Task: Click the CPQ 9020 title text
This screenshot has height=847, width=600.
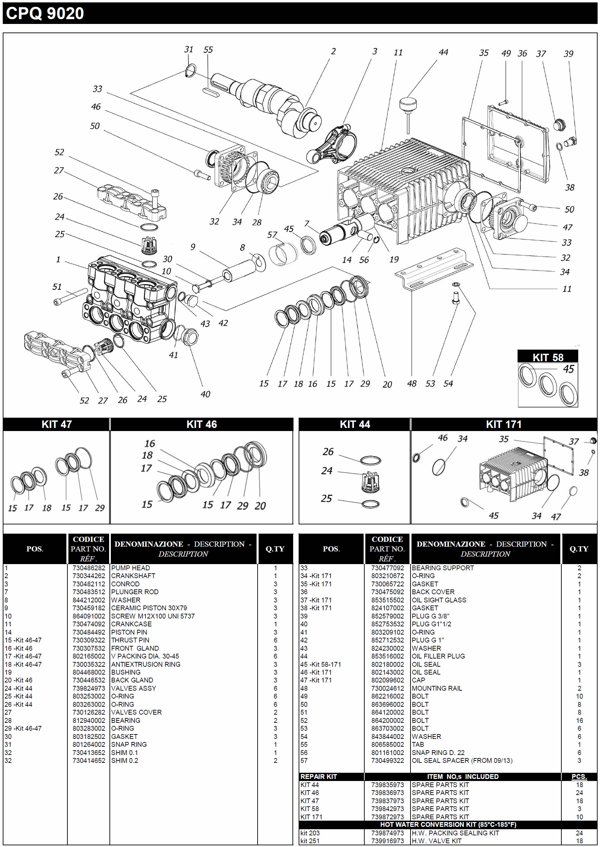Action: tap(45, 13)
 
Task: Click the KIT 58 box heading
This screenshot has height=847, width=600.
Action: tap(548, 357)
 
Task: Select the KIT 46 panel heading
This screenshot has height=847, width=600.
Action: tap(201, 424)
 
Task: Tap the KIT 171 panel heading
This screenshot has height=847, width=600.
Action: tap(503, 424)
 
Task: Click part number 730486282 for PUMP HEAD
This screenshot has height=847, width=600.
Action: tap(89, 568)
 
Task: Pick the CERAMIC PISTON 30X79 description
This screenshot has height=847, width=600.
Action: tap(149, 608)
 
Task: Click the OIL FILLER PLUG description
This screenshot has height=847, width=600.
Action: tap(438, 656)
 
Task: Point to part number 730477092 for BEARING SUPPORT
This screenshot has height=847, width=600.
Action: tap(387, 568)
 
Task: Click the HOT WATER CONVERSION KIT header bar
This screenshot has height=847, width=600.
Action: tap(448, 824)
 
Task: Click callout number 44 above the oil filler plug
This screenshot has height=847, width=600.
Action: tap(443, 52)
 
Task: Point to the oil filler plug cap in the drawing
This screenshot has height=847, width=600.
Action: tap(407, 102)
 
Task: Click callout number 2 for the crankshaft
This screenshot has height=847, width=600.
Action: tap(333, 51)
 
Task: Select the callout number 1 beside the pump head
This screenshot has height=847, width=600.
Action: tap(58, 259)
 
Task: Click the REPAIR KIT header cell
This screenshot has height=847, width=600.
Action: tap(318, 777)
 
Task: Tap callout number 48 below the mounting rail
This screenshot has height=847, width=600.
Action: tap(412, 384)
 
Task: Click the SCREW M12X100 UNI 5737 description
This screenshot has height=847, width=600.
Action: tap(153, 616)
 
